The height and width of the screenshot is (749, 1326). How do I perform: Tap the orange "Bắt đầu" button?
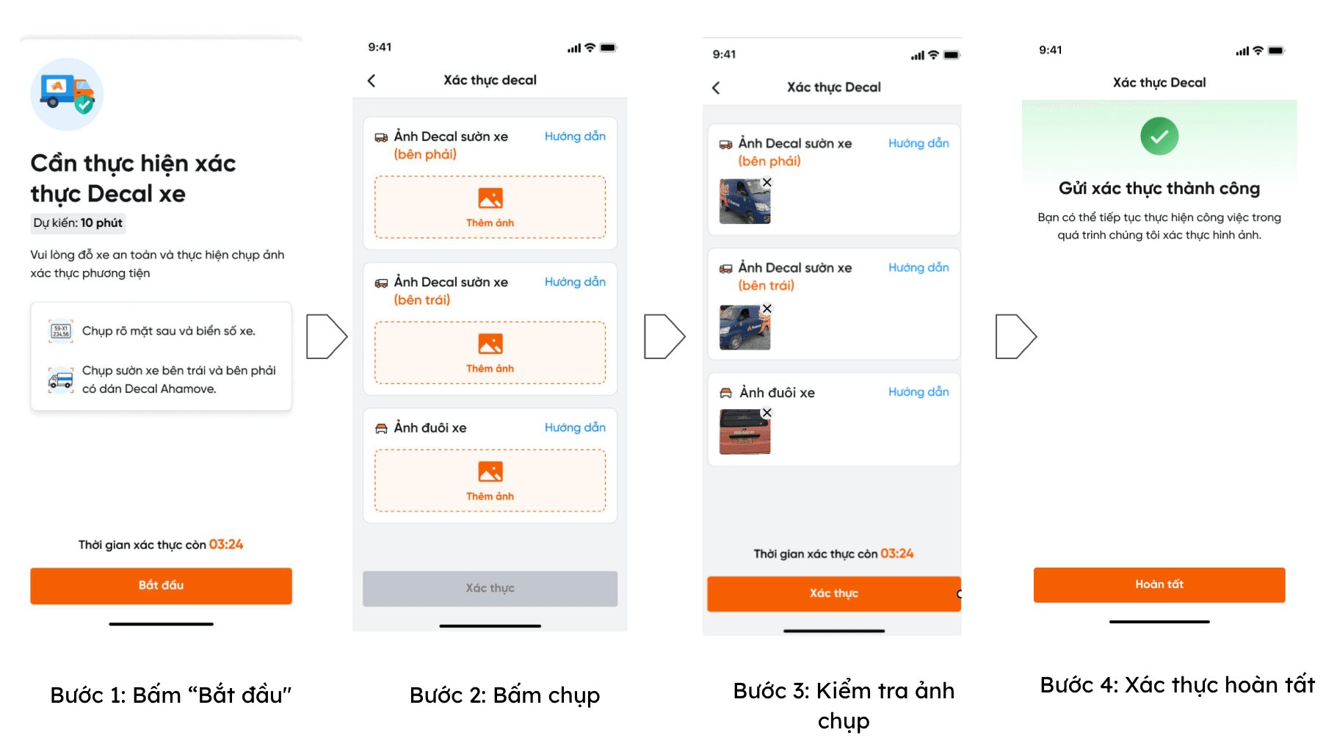coord(161,585)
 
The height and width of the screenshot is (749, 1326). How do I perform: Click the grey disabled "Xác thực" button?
coord(490,588)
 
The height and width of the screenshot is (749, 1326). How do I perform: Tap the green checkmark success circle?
coord(1159,136)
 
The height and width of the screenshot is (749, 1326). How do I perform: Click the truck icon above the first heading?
coord(67,94)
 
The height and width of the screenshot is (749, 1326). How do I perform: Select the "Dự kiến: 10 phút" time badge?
coord(78,222)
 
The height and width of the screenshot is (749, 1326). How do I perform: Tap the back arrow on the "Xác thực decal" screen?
coord(372,81)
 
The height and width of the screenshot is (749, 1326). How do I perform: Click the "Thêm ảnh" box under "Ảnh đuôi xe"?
coord(490,480)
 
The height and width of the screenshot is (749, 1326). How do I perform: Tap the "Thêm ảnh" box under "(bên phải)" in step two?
coord(490,207)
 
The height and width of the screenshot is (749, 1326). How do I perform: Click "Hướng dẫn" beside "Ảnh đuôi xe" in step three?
coord(919,392)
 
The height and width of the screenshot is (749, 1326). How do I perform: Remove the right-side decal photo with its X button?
coord(767,182)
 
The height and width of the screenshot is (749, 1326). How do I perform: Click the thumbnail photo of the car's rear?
coord(744,432)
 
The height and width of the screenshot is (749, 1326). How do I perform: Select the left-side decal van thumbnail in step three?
coord(744,327)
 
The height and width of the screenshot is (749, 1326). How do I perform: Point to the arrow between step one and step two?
coord(327,336)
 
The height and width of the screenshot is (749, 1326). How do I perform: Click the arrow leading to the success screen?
coord(1016,336)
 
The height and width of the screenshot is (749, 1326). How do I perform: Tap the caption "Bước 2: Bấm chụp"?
coord(504,695)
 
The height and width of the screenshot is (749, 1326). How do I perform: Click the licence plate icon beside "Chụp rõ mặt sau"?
coord(61,331)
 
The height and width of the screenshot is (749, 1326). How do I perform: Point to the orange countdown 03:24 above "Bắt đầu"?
coord(226,544)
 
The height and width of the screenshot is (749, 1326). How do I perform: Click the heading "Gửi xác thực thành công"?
coord(1159,189)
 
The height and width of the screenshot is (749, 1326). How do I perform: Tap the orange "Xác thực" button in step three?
coord(833,593)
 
